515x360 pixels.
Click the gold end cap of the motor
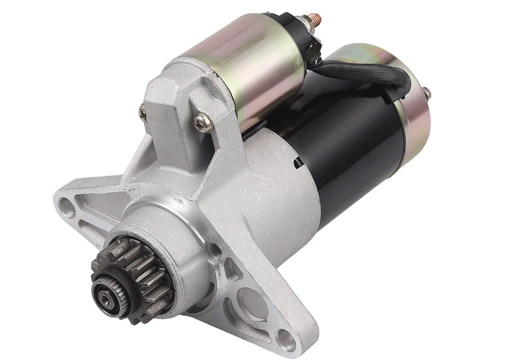point(415,109)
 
